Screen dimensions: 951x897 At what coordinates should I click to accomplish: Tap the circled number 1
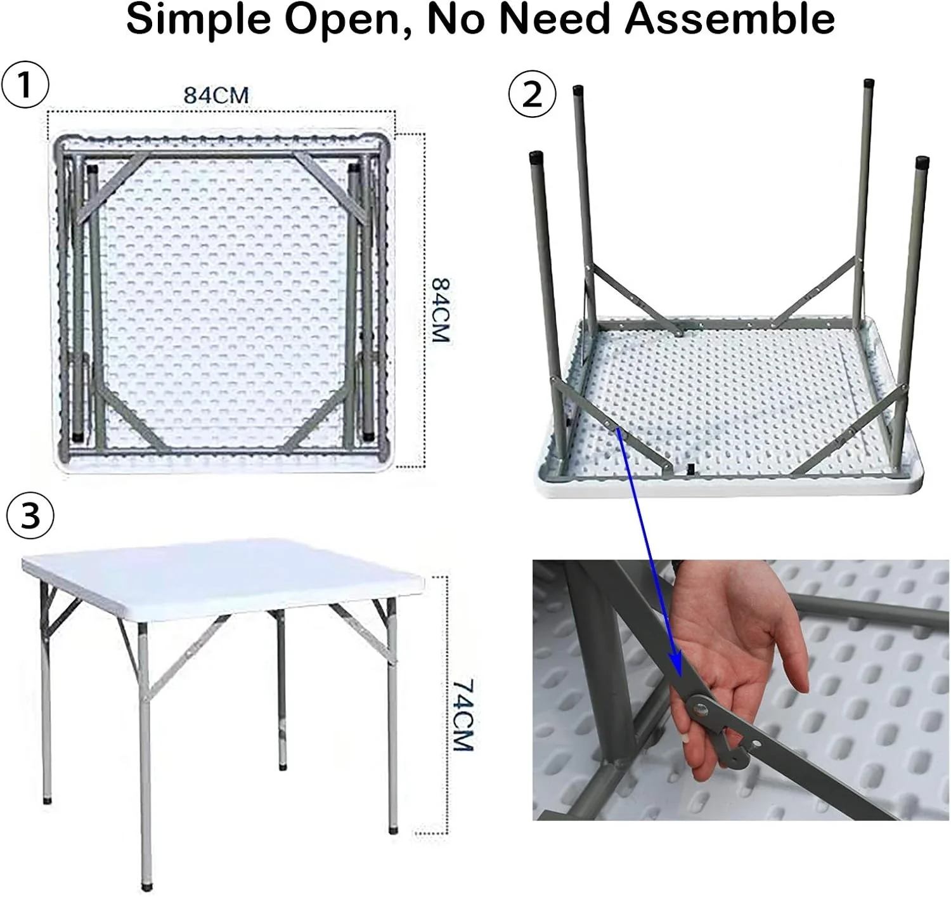[25, 86]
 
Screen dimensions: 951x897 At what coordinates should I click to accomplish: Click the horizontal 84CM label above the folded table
[216, 95]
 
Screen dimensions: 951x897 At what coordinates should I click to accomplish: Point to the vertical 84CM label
[441, 310]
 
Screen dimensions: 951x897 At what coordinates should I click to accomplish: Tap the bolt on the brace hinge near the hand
[702, 708]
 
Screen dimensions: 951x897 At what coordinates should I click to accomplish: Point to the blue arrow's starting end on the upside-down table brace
[618, 430]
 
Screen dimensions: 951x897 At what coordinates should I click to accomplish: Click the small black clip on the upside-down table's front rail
[690, 469]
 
